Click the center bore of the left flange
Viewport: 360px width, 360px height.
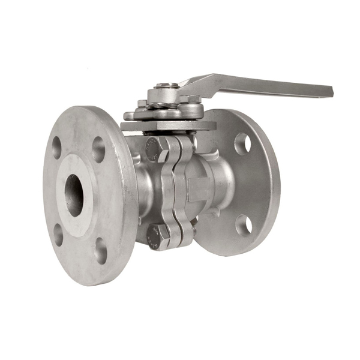[75, 196]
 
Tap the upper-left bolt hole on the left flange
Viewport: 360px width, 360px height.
[56, 148]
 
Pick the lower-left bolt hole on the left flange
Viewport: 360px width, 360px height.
[58, 235]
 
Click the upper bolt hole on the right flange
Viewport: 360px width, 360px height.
[242, 144]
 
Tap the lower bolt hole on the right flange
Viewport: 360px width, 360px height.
[244, 224]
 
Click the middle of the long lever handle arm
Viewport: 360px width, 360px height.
[258, 83]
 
